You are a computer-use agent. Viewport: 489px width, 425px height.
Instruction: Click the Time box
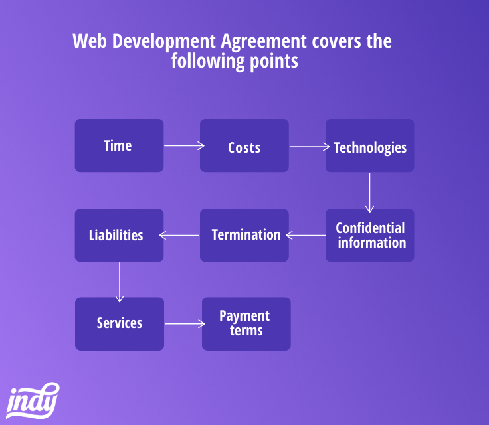(x=119, y=145)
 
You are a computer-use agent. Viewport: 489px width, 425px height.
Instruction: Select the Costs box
(x=244, y=145)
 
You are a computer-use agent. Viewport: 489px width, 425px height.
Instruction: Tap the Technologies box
(x=370, y=145)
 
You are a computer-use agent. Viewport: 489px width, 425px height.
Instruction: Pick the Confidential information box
(x=370, y=235)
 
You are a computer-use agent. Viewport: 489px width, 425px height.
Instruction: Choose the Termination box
(x=244, y=235)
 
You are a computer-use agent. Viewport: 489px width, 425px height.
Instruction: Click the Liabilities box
(x=119, y=235)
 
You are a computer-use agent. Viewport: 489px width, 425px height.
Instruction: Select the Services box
(x=120, y=323)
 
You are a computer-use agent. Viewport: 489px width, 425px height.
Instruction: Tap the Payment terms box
(x=246, y=323)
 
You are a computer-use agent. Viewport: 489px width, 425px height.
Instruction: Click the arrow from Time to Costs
(x=184, y=145)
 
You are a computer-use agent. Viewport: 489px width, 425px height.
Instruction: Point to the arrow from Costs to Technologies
(x=310, y=147)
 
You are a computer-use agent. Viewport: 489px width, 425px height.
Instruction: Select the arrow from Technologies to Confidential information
(x=369, y=193)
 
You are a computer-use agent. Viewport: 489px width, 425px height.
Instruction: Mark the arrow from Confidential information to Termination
(x=306, y=236)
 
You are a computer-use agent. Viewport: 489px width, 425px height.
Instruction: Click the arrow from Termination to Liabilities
(x=179, y=236)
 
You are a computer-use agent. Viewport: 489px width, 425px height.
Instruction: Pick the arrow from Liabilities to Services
(x=120, y=282)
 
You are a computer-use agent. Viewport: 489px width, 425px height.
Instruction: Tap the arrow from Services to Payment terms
(x=185, y=324)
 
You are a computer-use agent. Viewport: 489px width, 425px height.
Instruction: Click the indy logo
(x=33, y=400)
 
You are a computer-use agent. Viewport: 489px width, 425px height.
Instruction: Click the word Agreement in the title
(x=264, y=42)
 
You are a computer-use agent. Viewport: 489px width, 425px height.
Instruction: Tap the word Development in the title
(x=163, y=42)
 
